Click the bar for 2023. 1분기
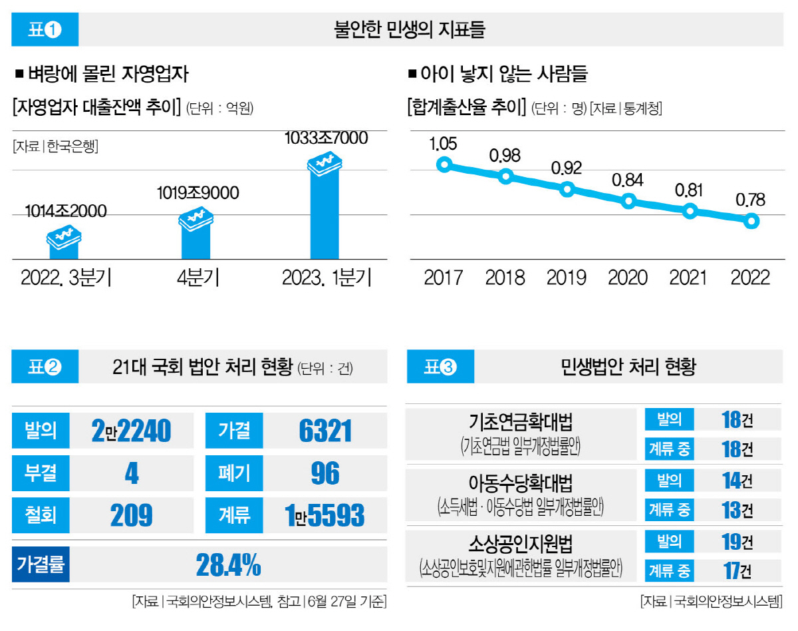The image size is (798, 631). tap(325, 213)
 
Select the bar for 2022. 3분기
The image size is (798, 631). tap(63, 246)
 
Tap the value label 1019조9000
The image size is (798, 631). tap(198, 193)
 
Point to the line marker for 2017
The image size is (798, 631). tap(445, 164)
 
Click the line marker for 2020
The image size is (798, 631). tap(628, 200)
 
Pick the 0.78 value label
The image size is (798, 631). tap(750, 200)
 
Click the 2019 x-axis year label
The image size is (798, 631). tap(566, 277)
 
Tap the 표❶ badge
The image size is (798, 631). tap(45, 30)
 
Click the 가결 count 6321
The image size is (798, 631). tap(325, 431)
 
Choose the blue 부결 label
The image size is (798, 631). tap(41, 473)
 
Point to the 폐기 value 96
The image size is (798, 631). tap(325, 473)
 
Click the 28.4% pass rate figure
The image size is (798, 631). tap(228, 565)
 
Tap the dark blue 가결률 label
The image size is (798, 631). tap(41, 565)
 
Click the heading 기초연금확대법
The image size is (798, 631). tap(520, 422)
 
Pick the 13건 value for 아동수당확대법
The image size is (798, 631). tap(737, 511)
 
